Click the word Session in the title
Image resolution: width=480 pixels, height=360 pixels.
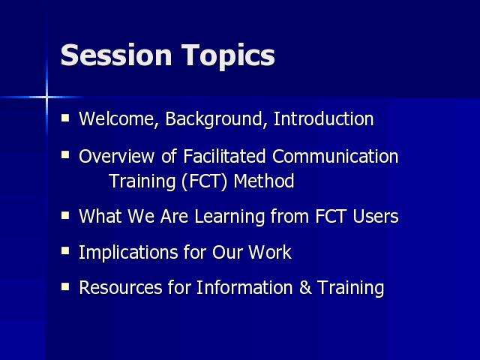tap(116, 55)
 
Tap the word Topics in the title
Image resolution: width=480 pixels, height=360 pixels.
tap(228, 57)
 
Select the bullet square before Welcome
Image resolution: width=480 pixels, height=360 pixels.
tap(65, 118)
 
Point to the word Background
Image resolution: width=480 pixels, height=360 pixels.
tap(214, 119)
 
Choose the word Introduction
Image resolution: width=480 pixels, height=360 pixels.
tap(323, 118)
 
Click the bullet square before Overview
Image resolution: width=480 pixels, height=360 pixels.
tap(65, 154)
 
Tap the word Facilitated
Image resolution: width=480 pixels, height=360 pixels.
tap(224, 156)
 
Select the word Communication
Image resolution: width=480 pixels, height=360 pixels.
tap(335, 156)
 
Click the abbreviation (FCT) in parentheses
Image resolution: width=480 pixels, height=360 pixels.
tap(204, 181)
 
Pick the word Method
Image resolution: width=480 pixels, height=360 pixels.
tap(264, 181)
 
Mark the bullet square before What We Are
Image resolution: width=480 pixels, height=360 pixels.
tap(65, 215)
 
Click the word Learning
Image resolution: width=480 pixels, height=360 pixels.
tap(229, 217)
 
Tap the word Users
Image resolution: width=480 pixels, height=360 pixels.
tap(376, 217)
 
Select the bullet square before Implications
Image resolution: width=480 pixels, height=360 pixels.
tap(65, 251)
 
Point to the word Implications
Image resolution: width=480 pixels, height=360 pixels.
tap(128, 253)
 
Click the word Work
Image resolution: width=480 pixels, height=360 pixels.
tap(270, 253)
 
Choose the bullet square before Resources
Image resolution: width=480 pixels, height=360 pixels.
tap(65, 286)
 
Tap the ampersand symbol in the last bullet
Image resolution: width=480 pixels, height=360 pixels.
tap(305, 288)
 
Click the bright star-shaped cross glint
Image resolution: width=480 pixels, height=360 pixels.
tap(46, 97)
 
